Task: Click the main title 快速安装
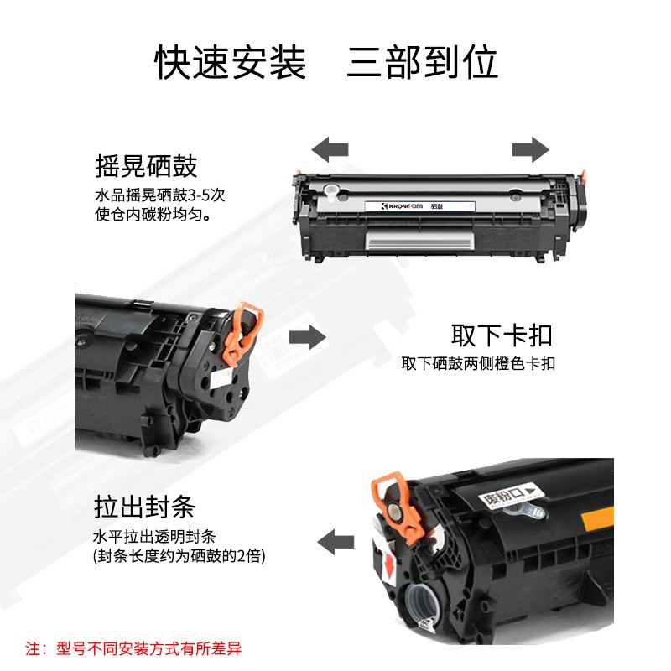pos(230,62)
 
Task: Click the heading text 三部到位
pos(423,62)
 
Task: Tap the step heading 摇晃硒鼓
pos(146,166)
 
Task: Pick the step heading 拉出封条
pos(144,507)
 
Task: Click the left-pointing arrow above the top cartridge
pos(330,150)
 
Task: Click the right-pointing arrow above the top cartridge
pos(531,150)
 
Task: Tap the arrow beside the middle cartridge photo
pos(308,338)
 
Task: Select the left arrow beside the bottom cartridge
pos(335,542)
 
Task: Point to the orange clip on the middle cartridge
pos(242,334)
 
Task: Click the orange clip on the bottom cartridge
pos(398,507)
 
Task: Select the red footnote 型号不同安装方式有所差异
pos(149,648)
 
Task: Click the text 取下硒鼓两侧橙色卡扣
pos(478,364)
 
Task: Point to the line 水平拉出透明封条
pos(154,537)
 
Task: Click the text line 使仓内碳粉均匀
pos(153,214)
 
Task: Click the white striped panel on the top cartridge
pos(420,241)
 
